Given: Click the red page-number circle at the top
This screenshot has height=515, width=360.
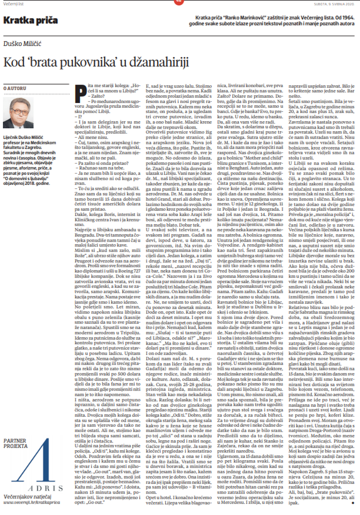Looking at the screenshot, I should (180, 1).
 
